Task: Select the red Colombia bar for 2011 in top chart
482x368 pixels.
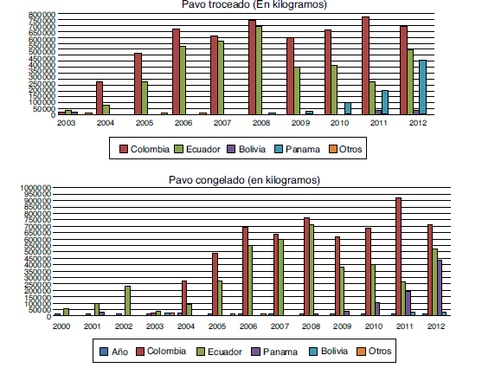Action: click(x=365, y=66)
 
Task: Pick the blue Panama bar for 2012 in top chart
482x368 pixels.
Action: click(x=421, y=87)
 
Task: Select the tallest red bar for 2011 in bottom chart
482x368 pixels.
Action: click(x=398, y=256)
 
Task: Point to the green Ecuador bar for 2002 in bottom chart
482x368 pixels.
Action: click(x=127, y=300)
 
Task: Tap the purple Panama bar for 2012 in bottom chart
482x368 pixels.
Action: click(x=439, y=287)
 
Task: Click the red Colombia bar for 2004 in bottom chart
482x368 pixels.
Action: click(x=183, y=298)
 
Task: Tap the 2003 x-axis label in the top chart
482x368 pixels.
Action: click(x=67, y=123)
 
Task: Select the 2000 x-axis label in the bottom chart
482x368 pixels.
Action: click(x=61, y=326)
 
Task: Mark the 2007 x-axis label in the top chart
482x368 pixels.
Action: click(x=221, y=123)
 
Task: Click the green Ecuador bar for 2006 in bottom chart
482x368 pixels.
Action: click(x=251, y=281)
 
